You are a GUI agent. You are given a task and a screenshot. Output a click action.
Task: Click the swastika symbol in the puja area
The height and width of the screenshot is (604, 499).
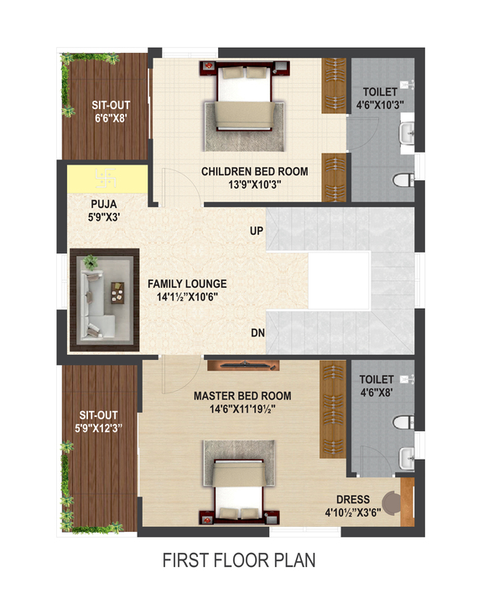coord(106,178)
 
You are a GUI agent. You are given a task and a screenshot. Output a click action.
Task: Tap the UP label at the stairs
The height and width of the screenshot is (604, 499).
coord(257,232)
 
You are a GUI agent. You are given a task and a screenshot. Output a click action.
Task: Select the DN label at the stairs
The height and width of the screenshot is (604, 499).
coord(257,333)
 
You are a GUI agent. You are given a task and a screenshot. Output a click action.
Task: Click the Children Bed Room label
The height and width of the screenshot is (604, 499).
coord(254,171)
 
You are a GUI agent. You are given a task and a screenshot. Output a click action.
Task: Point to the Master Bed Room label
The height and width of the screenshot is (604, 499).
coord(242,396)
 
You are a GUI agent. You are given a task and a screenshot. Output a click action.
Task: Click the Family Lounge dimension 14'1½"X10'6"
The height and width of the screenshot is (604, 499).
coord(187,297)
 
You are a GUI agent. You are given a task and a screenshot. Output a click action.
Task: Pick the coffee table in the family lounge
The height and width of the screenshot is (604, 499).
coord(117,293)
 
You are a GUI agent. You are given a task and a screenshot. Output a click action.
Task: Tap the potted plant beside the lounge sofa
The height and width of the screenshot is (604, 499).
coord(91,263)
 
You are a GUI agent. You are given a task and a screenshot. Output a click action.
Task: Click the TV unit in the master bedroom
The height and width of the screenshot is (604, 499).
coord(243,365)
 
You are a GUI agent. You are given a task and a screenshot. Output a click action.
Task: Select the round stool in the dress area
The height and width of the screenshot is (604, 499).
coord(391,502)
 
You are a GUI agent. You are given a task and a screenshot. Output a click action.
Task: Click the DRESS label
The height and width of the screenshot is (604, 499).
coord(353,500)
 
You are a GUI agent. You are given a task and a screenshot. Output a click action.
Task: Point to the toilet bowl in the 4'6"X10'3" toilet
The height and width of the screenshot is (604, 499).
coord(403,180)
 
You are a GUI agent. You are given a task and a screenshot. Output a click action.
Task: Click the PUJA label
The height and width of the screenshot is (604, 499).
coord(104,204)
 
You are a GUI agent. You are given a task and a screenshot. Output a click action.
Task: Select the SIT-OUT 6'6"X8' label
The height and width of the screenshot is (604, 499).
coord(111,112)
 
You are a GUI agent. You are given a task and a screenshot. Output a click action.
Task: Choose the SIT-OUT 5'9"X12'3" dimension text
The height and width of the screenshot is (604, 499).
coord(98,428)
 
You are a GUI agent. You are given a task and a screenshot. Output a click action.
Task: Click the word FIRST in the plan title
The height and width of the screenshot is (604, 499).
coord(185,560)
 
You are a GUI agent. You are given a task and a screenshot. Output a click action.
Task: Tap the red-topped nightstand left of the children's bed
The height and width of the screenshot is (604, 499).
coord(208,66)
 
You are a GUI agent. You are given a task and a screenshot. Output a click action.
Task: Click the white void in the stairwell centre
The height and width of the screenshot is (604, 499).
coord(339,280)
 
